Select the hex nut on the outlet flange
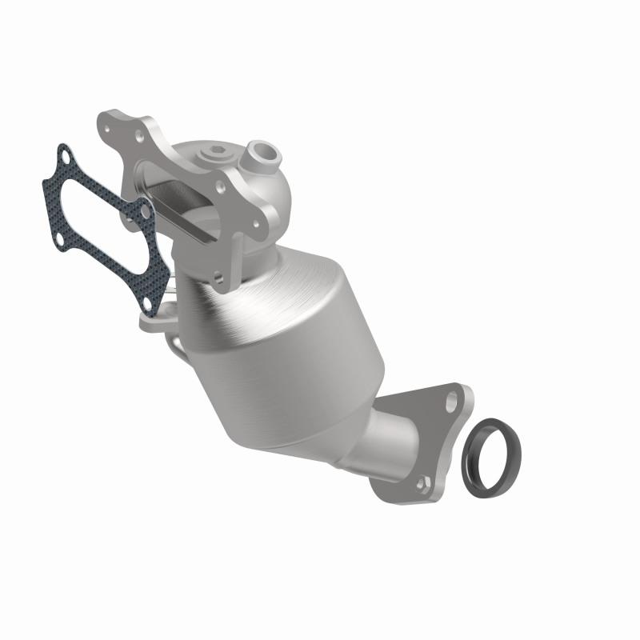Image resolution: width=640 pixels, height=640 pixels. click(424, 481)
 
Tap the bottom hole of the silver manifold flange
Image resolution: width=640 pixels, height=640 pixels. click(218, 278)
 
